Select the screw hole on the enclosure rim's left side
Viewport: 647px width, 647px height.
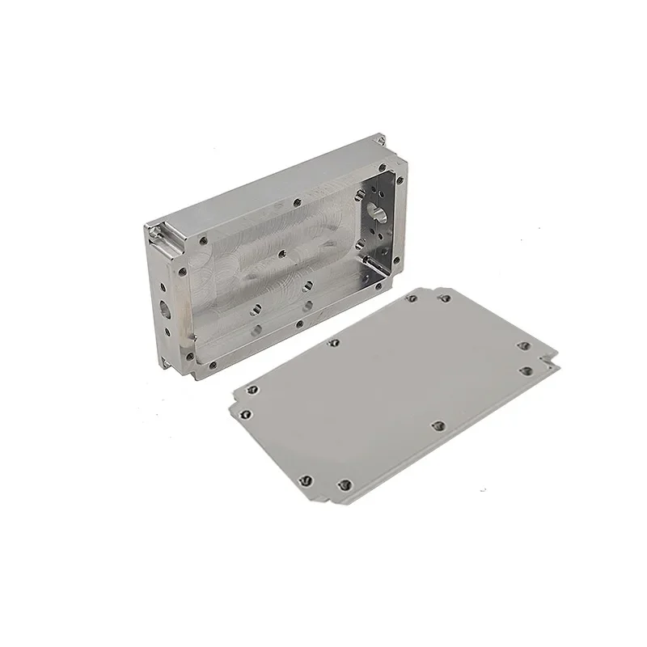[x=182, y=272]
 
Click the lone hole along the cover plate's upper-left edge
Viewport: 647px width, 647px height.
[x=332, y=343]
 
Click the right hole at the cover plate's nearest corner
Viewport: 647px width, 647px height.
[x=344, y=485]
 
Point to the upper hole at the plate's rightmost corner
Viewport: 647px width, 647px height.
[x=523, y=346]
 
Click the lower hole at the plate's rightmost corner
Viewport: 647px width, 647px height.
[x=526, y=371]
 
